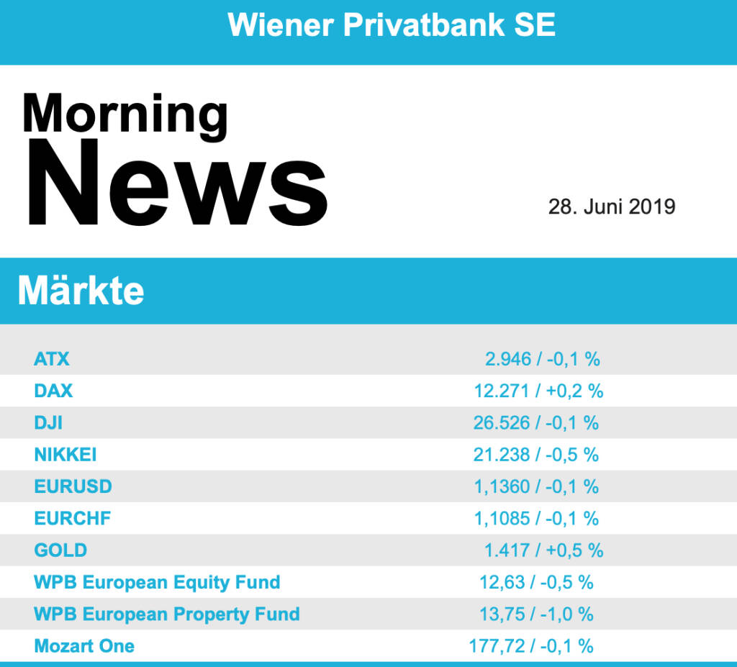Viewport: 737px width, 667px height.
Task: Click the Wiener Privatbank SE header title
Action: click(x=392, y=25)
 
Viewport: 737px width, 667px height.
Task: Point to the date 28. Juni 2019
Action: click(x=612, y=207)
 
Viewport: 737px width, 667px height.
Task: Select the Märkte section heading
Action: click(x=81, y=291)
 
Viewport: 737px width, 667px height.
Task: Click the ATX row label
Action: click(x=52, y=359)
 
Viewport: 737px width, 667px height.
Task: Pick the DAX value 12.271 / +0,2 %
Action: click(x=538, y=391)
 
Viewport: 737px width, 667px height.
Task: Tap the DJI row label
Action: click(x=48, y=422)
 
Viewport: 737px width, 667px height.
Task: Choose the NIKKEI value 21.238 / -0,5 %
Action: click(x=536, y=455)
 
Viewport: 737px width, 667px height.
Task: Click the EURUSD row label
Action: click(x=73, y=486)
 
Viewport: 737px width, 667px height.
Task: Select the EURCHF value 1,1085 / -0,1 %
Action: click(x=536, y=518)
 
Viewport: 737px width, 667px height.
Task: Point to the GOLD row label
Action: click(x=60, y=550)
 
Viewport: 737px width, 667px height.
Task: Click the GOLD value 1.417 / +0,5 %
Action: click(x=543, y=550)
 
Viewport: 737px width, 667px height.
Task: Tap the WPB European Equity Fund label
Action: click(x=157, y=582)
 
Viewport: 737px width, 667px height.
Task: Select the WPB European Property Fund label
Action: click(x=166, y=614)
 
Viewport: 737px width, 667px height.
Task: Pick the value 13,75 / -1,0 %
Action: click(x=536, y=614)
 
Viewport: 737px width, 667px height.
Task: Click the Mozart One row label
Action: click(x=84, y=646)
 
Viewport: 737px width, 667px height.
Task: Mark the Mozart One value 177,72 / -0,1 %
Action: click(x=531, y=646)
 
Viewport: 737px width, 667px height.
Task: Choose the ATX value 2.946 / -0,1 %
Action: click(x=542, y=359)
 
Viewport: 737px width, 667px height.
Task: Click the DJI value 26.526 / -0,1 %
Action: click(x=536, y=422)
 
